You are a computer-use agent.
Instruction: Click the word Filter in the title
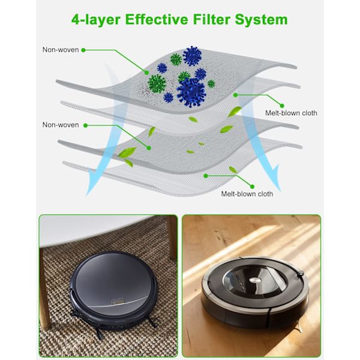click(212, 19)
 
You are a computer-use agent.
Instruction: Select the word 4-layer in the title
click(96, 20)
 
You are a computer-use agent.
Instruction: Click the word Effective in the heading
click(157, 19)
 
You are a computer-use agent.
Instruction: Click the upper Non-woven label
click(61, 50)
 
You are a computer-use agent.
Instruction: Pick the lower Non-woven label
click(61, 125)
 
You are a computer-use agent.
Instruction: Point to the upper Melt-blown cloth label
click(291, 113)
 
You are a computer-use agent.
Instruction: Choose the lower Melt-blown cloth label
click(247, 194)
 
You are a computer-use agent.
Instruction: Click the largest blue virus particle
click(191, 92)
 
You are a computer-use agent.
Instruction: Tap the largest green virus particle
click(157, 83)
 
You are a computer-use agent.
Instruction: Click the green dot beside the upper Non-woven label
click(83, 50)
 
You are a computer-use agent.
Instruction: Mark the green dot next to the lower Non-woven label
click(85, 125)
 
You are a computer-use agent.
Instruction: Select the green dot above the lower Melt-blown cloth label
click(206, 176)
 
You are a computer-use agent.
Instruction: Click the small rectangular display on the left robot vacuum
click(118, 302)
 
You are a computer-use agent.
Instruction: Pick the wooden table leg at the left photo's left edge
click(45, 289)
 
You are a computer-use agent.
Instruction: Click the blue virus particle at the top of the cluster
click(192, 56)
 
